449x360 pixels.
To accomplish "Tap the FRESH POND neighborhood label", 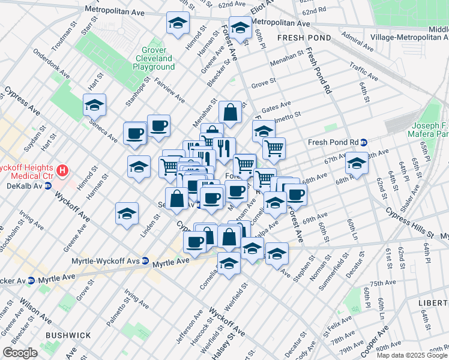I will pyautogui.click(x=301, y=37).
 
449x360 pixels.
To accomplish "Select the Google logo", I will pyautogui.click(x=20, y=353).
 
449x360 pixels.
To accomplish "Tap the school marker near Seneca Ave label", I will pyautogui.click(x=94, y=106).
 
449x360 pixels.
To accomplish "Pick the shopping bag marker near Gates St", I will pyautogui.click(x=230, y=112).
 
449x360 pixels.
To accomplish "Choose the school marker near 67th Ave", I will pyautogui.click(x=357, y=164).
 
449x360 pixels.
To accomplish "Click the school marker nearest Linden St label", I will pyautogui.click(x=127, y=214).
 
